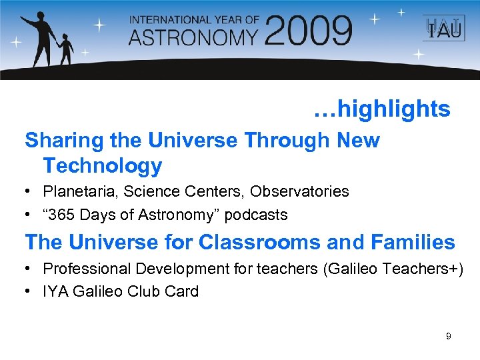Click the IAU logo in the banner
click(439, 29)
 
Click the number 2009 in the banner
click(308, 31)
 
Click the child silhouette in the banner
click(67, 50)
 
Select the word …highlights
click(382, 109)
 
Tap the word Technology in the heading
click(103, 165)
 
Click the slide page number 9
click(448, 337)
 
